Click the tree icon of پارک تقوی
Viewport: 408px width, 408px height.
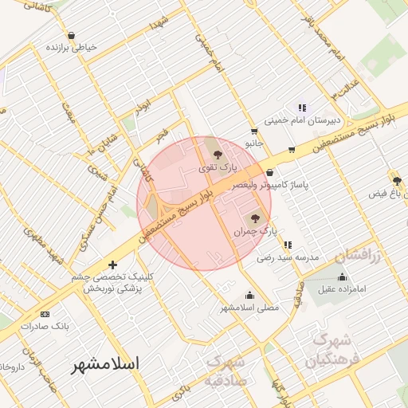pos(218,155)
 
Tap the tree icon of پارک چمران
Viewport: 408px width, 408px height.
pos(255,218)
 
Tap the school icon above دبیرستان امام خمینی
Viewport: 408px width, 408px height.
pos(301,107)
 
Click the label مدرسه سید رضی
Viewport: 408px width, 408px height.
pos(288,258)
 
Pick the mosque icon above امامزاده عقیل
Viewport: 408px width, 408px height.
pos(343,277)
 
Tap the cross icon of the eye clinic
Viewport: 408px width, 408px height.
pos(112,265)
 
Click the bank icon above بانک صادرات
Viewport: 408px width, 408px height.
pos(44,314)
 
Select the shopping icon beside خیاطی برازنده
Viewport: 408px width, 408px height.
pos(72,35)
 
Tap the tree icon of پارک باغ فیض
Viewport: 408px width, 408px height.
pos(396,181)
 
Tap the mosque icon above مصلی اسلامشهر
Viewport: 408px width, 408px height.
pos(249,295)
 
